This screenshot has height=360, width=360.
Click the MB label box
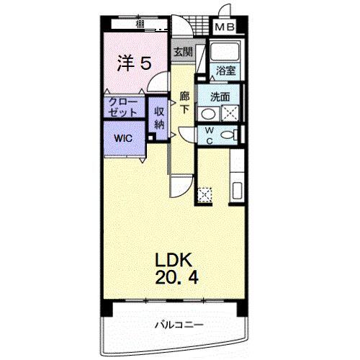point(225,28)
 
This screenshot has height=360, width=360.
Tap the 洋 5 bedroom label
point(134,63)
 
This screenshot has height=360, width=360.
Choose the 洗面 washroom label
point(220,96)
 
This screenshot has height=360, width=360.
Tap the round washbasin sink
point(207,114)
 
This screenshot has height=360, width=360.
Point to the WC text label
point(209,135)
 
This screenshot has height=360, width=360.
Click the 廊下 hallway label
point(184,102)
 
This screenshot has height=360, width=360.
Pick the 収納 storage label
point(159,117)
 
